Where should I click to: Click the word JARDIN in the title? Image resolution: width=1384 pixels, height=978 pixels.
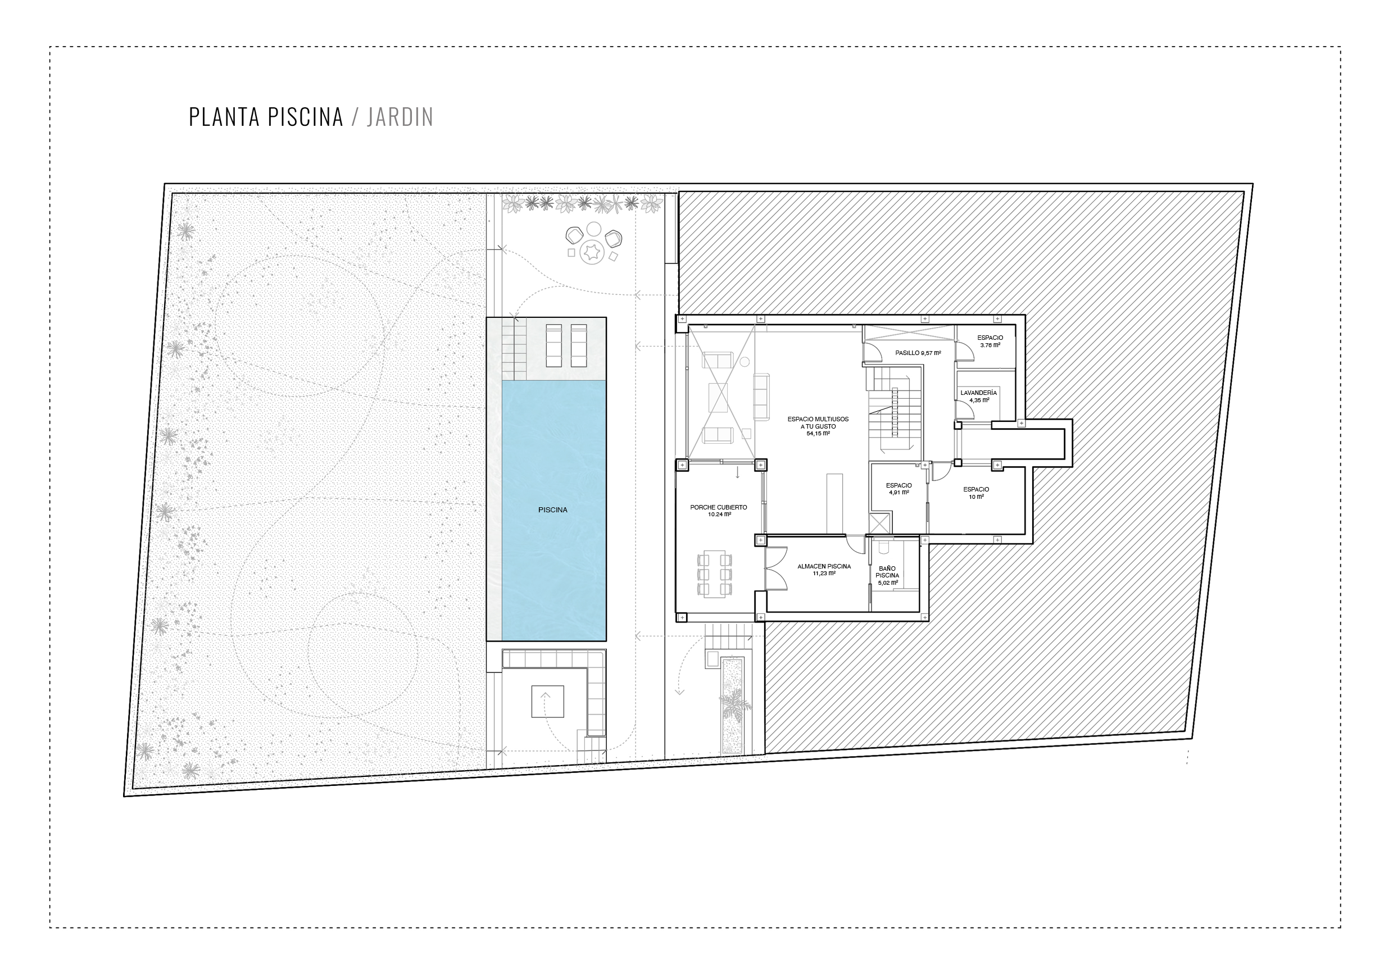[x=400, y=117]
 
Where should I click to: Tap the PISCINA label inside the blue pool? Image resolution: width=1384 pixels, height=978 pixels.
[x=553, y=510]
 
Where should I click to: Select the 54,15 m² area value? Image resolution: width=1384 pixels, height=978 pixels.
[x=818, y=433]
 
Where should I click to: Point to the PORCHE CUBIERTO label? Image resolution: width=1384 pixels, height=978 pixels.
[x=719, y=507]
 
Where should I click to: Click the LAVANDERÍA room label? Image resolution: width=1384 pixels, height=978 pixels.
[x=978, y=393]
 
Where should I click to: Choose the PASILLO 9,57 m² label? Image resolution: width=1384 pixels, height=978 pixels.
[x=918, y=353]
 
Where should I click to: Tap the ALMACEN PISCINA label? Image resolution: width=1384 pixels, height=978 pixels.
[x=824, y=566]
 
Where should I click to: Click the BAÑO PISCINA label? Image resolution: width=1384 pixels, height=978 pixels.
[x=887, y=572]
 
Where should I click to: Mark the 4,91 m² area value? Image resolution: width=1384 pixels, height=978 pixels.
[x=899, y=492]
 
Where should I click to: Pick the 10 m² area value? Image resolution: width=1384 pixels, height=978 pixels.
[x=977, y=497]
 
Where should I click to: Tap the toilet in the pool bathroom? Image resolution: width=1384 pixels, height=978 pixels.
[x=885, y=547]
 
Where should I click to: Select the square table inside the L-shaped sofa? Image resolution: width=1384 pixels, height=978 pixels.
[x=547, y=702]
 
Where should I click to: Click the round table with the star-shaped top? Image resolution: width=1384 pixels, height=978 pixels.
[x=591, y=251]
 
